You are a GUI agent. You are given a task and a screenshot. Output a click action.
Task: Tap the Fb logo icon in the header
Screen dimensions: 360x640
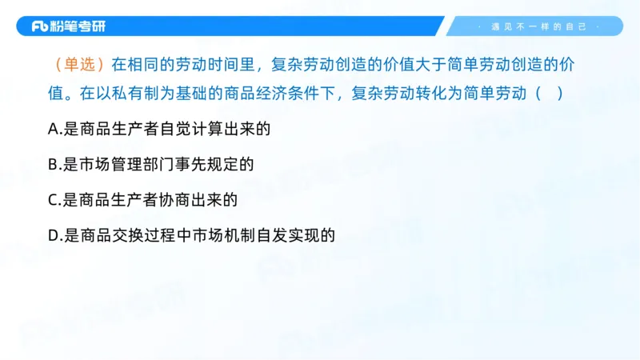coord(41,26)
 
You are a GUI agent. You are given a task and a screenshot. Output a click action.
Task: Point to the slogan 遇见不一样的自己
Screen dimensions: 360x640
coord(538,26)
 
